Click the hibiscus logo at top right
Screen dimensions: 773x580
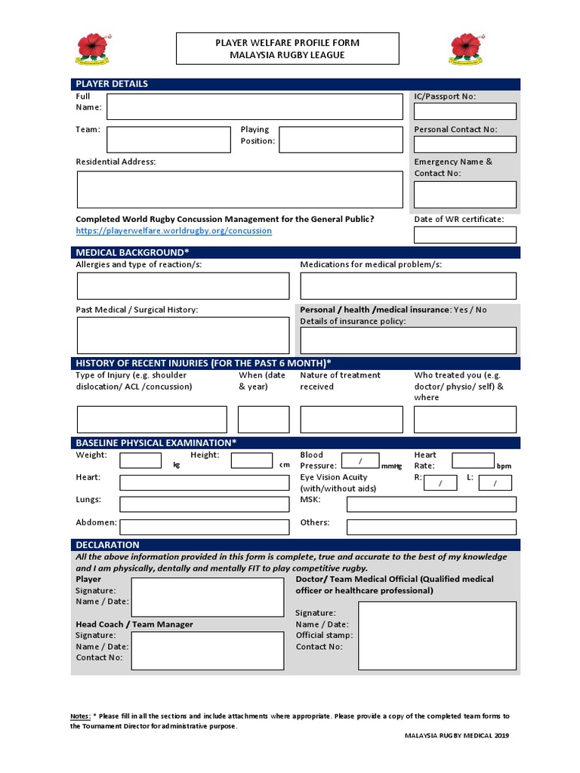[x=466, y=48]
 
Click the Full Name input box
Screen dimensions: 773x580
[x=255, y=106]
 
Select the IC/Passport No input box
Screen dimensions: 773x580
[x=464, y=111]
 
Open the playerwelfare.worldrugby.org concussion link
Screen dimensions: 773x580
[x=173, y=230]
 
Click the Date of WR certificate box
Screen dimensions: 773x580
[x=464, y=235]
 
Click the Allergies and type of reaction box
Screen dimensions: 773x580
[x=182, y=286]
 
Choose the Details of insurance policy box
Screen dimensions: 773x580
[x=408, y=340]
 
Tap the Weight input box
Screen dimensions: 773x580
[x=140, y=460]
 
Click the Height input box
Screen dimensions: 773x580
[x=251, y=460]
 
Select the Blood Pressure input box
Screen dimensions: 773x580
[x=360, y=460]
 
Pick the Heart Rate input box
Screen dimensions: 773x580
[x=473, y=460]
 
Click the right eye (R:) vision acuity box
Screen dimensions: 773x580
[x=440, y=483]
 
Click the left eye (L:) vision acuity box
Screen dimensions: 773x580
[x=496, y=483]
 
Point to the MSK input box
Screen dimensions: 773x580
[x=431, y=504]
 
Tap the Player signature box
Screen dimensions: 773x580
[x=207, y=597]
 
